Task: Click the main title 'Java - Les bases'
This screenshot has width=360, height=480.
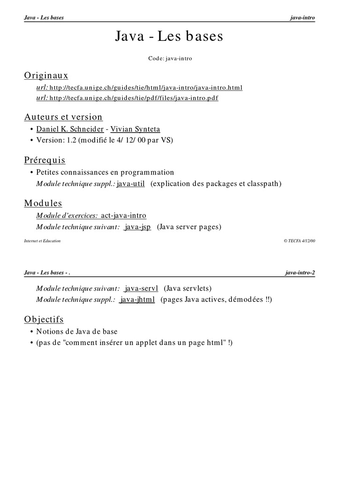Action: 169,37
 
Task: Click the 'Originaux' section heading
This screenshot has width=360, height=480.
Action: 46,75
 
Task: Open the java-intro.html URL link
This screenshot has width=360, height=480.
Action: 146,88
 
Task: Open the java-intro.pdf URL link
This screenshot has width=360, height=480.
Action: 134,98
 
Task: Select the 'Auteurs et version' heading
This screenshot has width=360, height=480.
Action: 63,117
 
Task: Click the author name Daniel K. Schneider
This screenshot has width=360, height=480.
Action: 70,129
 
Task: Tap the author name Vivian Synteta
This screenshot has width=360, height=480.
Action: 135,129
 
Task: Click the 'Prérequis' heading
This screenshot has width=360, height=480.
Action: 45,160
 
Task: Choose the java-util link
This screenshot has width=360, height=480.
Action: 131,184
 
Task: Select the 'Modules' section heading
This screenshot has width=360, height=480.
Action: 43,203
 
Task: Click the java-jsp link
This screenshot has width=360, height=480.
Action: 137,227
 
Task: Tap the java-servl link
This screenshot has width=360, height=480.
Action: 141,288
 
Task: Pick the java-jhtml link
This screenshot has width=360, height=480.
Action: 137,300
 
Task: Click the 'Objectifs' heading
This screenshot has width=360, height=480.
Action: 44,320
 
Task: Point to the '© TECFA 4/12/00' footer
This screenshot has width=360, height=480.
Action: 299,241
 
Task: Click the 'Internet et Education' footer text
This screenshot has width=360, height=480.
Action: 42,241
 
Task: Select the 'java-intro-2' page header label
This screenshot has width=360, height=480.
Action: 300,272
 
